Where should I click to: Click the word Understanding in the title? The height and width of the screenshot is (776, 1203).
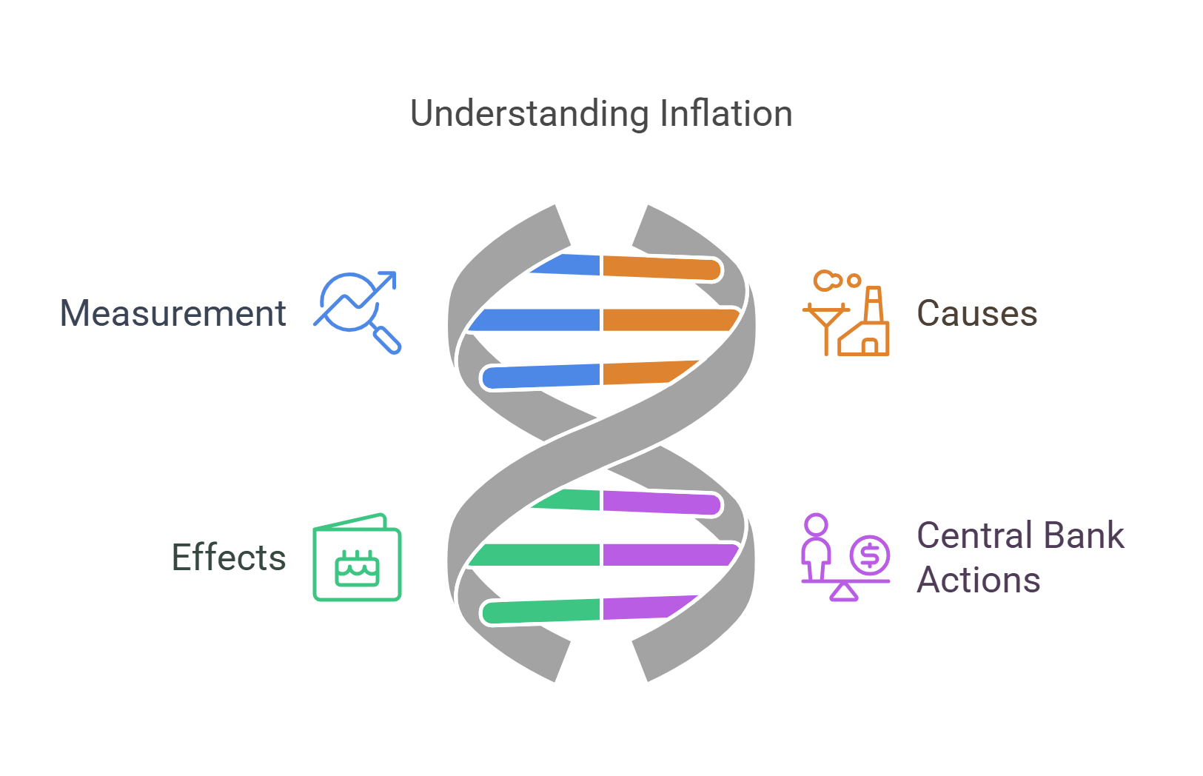click(529, 115)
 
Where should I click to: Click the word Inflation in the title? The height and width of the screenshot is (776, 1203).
click(726, 113)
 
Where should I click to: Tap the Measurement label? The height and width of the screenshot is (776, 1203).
click(172, 313)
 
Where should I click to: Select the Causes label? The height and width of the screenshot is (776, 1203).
click(976, 313)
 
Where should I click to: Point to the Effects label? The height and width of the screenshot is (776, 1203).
click(229, 558)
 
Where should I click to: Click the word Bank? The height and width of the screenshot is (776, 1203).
click(1085, 535)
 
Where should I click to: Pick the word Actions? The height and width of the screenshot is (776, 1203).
click(978, 580)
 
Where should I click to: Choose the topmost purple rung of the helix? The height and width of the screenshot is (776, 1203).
click(660, 502)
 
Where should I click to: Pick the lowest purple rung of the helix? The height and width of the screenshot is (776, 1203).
click(644, 607)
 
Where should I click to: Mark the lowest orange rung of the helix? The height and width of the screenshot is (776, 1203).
click(644, 372)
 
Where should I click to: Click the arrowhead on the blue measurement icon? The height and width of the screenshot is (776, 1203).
click(388, 279)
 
